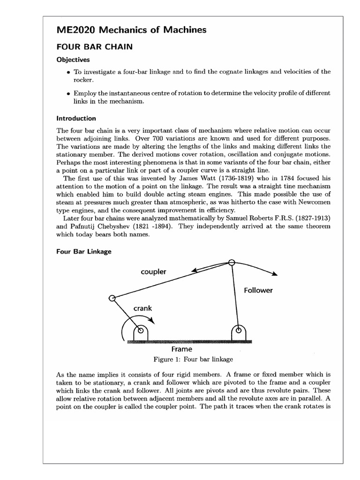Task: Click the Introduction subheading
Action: point(76,119)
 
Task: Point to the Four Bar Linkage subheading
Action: point(84,251)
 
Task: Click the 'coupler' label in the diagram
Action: point(154,271)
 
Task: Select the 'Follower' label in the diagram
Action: point(258,290)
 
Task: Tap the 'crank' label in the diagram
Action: point(142,308)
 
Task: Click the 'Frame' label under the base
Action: point(182,349)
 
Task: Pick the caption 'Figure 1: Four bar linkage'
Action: point(193,360)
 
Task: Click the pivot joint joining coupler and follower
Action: point(231,263)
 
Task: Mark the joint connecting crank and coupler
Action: point(112,298)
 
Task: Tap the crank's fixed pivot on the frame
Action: point(140,330)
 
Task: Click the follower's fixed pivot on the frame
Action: point(238,330)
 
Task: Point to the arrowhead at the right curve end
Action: point(275,274)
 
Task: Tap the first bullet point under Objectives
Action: point(69,72)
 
